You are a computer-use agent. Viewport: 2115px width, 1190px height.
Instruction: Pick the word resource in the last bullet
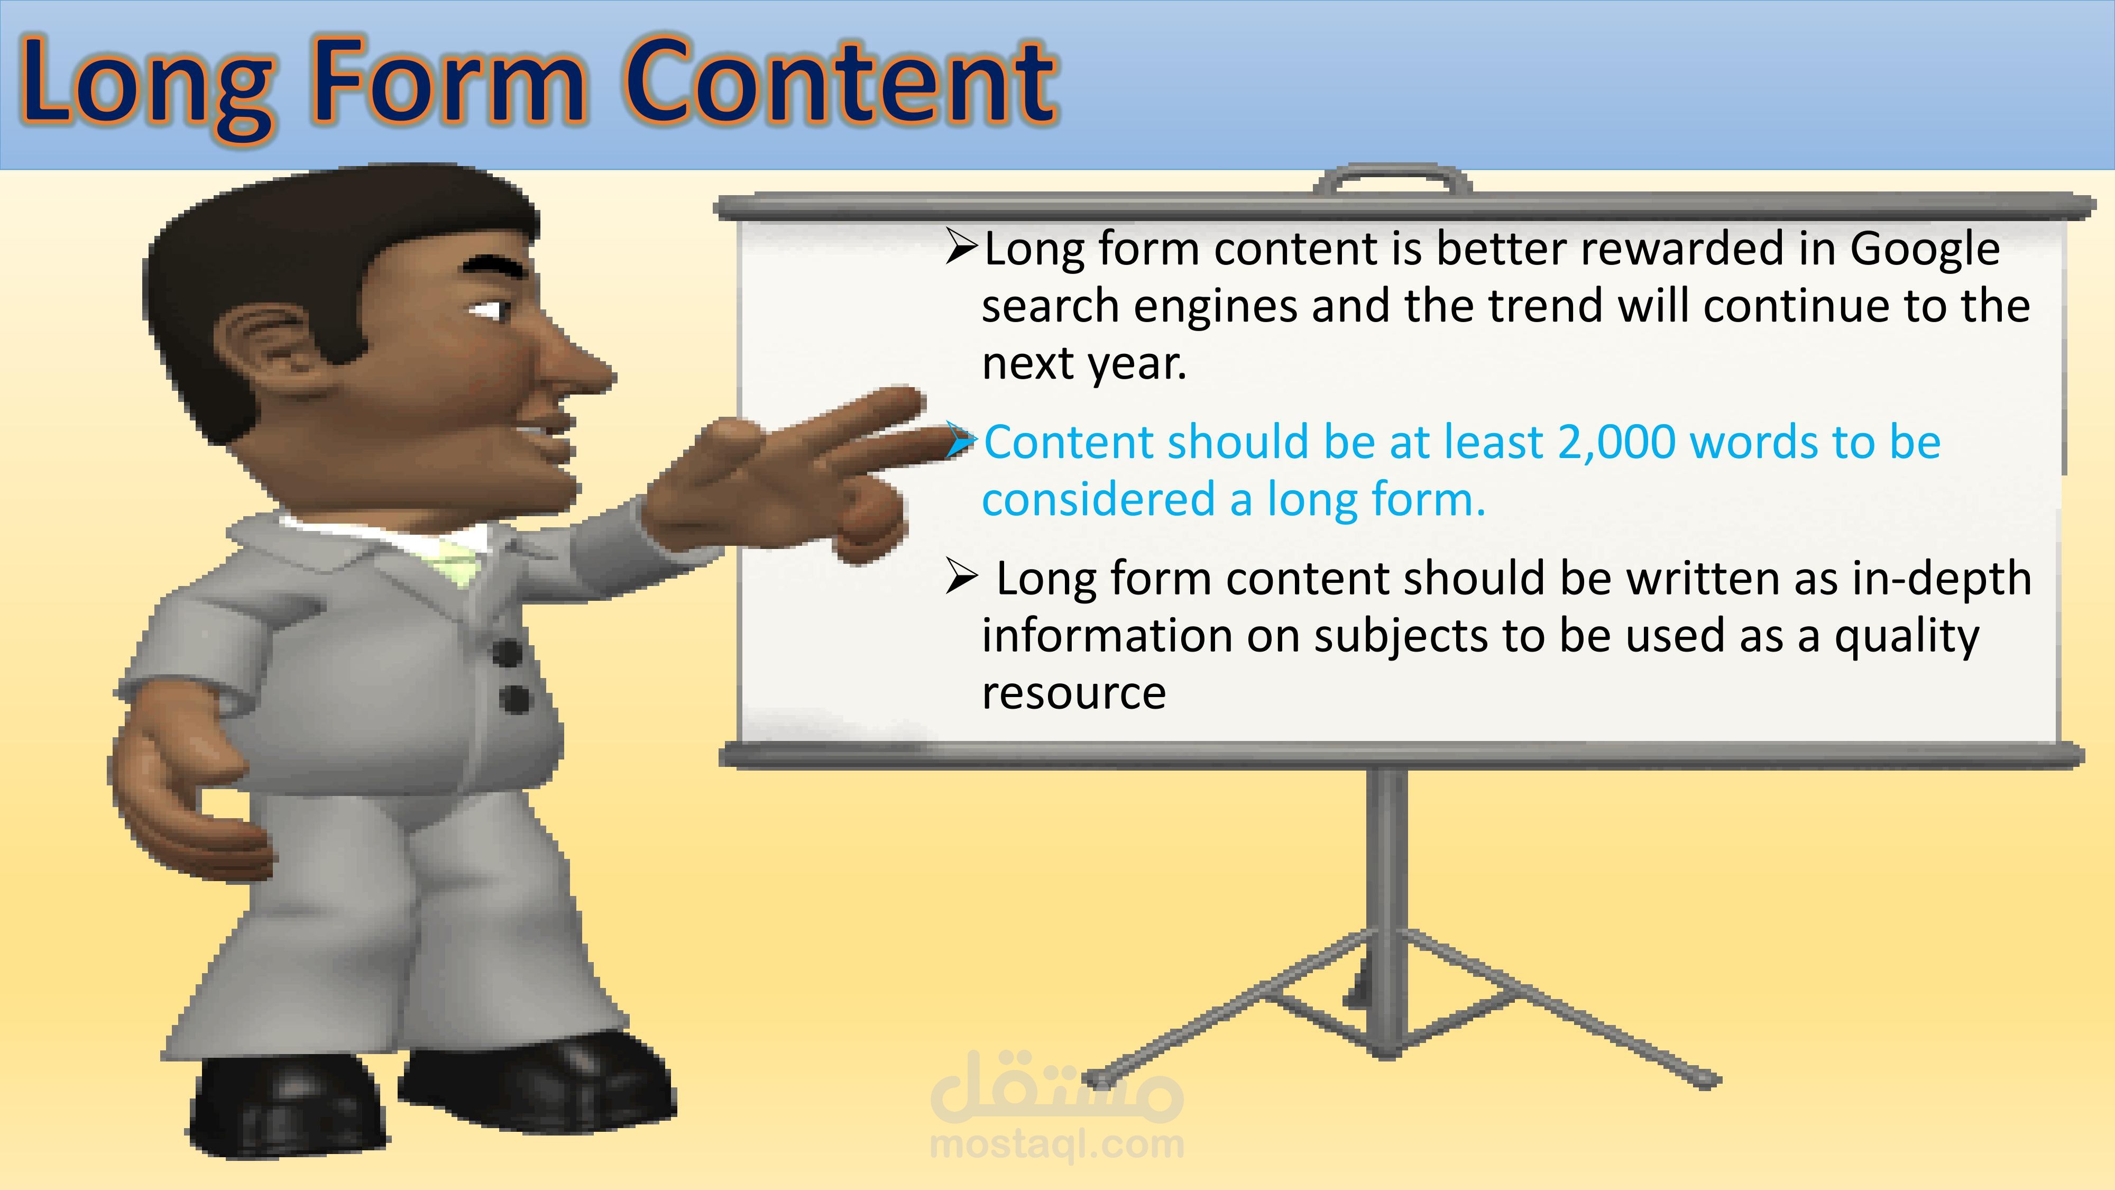(1074, 693)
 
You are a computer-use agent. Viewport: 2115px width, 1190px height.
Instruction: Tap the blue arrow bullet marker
(961, 441)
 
